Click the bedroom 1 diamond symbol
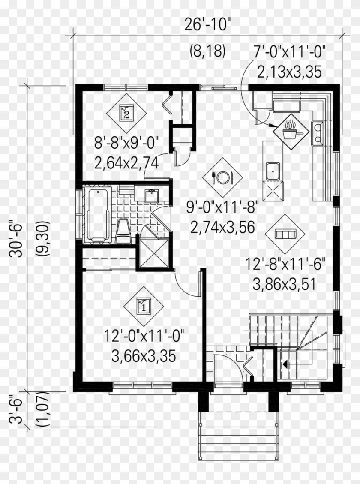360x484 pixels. (144, 306)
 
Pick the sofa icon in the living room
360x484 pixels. (285, 234)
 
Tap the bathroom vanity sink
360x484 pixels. (151, 196)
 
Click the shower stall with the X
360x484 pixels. (153, 253)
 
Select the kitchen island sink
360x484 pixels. (272, 172)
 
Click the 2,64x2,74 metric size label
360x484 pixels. (127, 162)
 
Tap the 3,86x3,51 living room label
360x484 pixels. (285, 283)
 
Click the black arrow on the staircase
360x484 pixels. (285, 365)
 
